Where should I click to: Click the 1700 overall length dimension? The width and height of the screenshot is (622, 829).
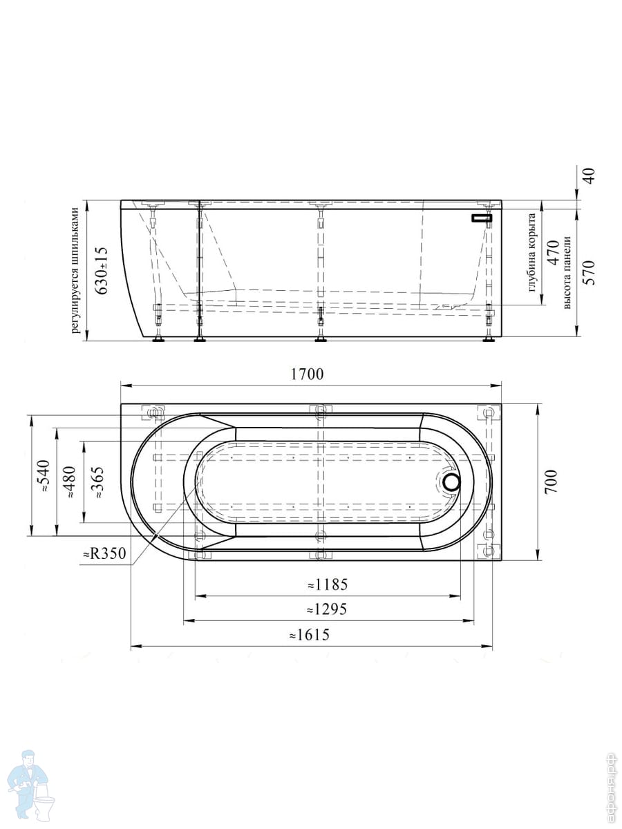point(307,374)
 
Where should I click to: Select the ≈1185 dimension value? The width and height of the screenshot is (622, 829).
point(327,585)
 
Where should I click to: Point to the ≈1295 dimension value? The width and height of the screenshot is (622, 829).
point(327,609)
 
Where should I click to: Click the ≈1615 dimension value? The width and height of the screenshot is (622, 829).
point(310,635)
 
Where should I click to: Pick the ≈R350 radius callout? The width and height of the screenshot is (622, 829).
point(104,553)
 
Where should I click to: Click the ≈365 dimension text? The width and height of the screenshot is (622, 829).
point(97,483)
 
